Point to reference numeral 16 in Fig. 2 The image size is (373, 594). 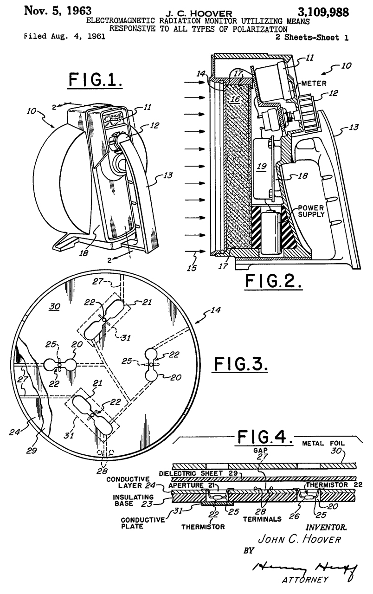coord(236,98)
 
